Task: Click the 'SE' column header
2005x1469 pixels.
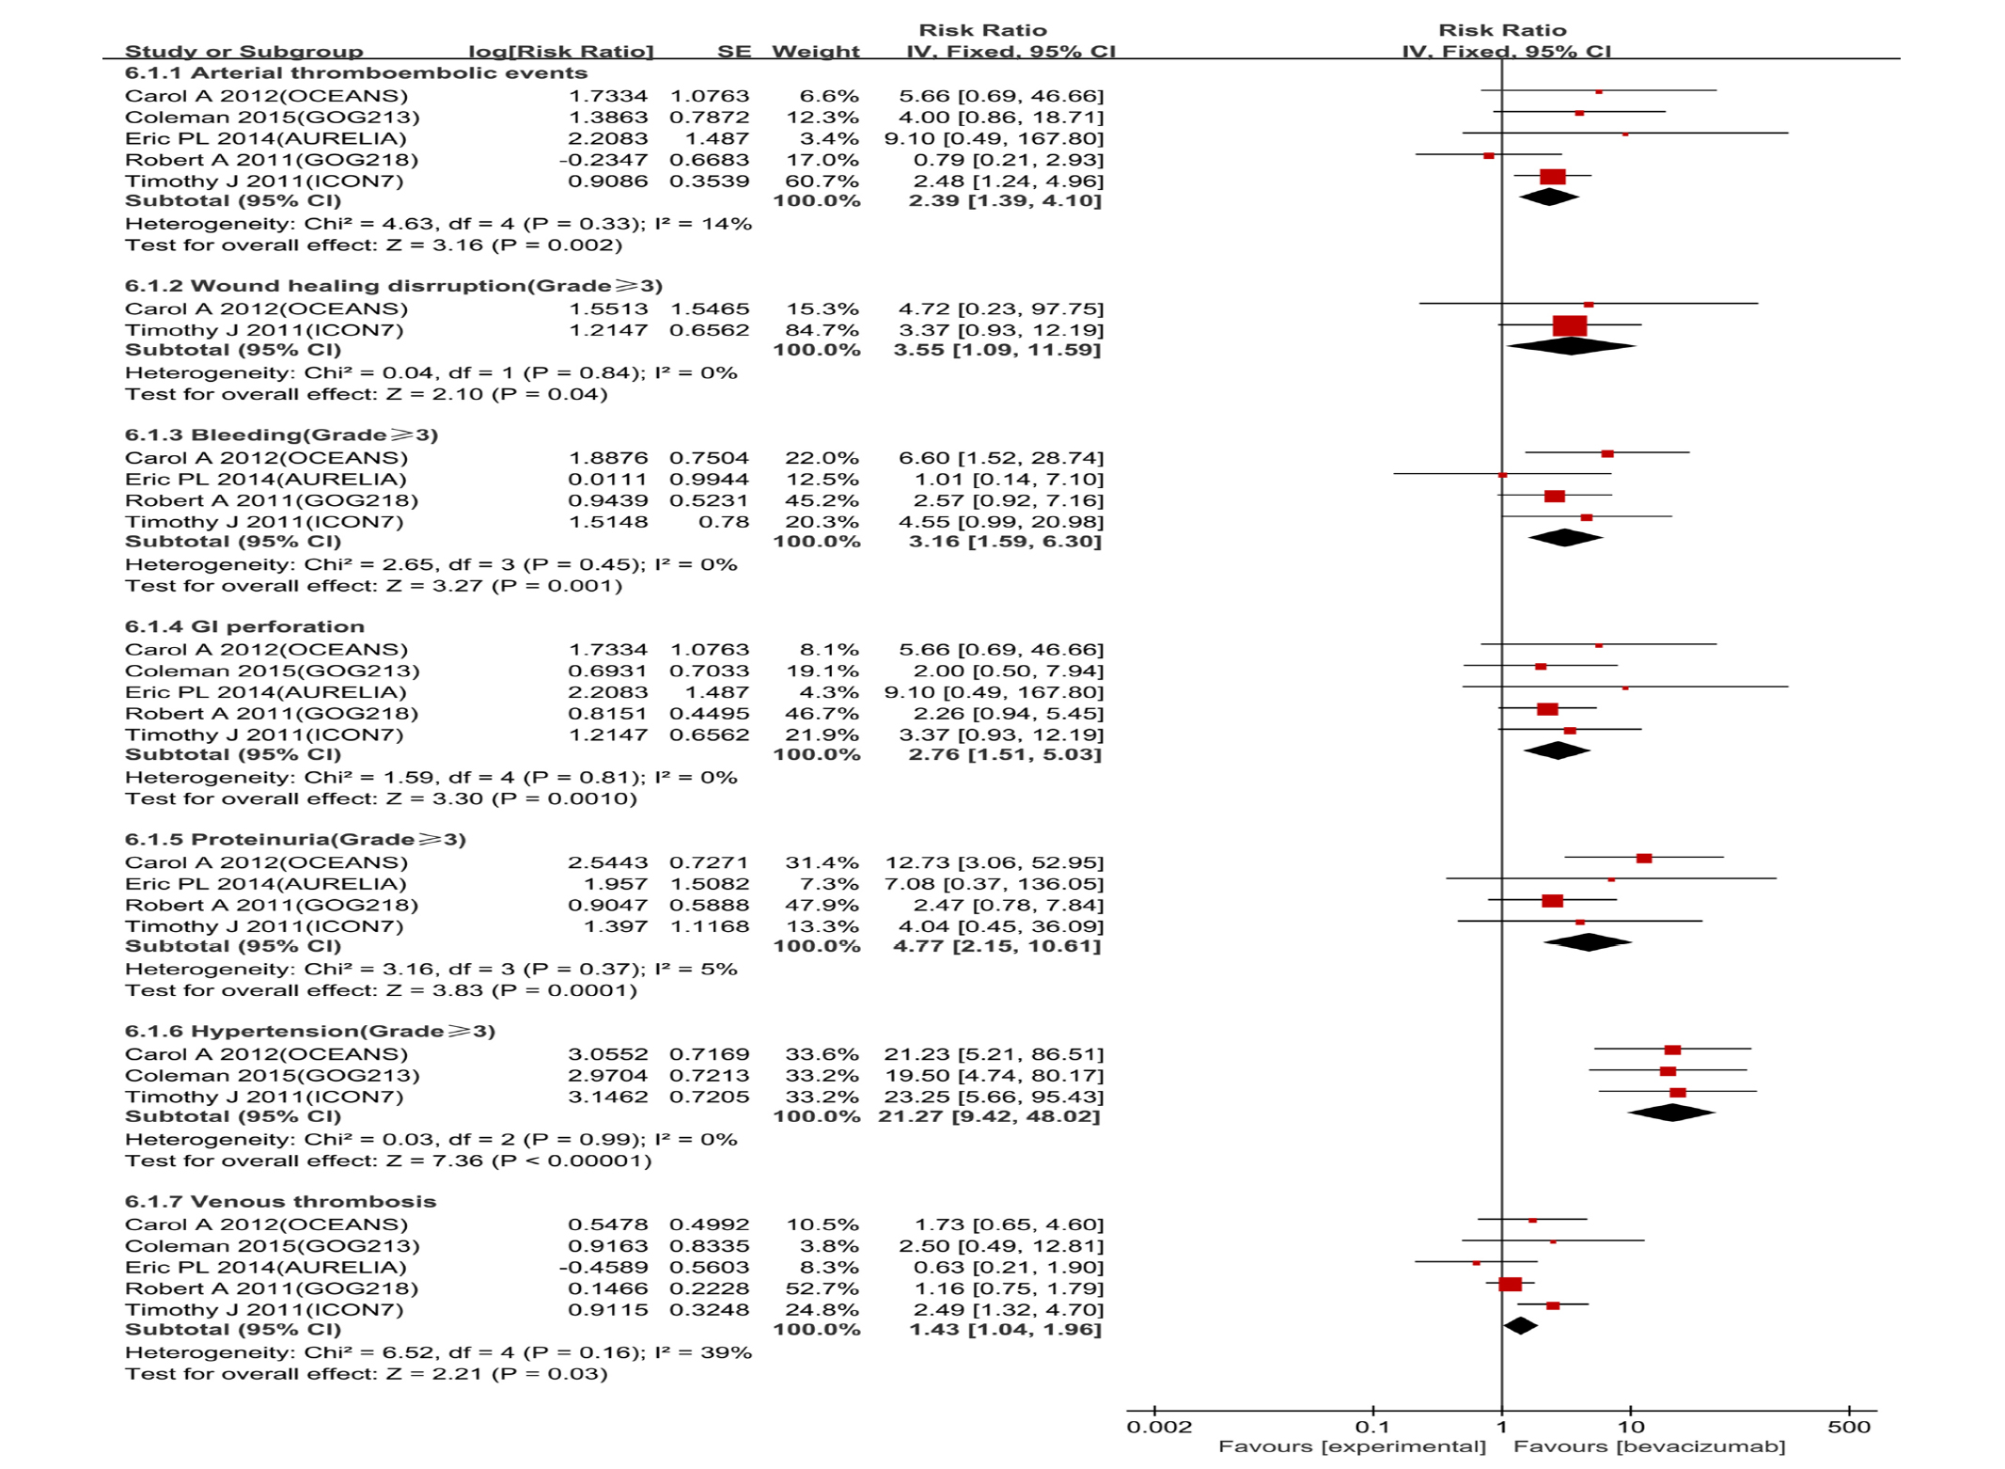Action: (733, 52)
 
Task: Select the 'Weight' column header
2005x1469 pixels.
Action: (815, 52)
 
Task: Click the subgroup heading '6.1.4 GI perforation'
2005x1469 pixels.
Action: (244, 626)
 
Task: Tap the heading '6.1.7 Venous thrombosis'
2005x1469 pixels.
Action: (280, 1201)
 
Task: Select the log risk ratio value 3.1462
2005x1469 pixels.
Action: (607, 1097)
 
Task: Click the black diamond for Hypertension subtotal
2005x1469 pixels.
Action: (1671, 1114)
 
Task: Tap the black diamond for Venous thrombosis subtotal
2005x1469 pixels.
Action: (1520, 1326)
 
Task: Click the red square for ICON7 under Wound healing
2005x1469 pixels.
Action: (1570, 326)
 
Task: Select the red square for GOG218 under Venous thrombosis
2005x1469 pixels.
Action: (1510, 1285)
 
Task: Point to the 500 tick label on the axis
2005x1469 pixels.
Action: (1848, 1427)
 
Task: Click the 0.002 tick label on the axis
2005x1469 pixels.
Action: (1158, 1427)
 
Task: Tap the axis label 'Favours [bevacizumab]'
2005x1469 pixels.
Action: (1649, 1446)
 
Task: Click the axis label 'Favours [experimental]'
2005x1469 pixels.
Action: (1352, 1446)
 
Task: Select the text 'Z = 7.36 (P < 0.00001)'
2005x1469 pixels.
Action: (519, 1161)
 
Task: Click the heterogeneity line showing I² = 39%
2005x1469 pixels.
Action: (438, 1352)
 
